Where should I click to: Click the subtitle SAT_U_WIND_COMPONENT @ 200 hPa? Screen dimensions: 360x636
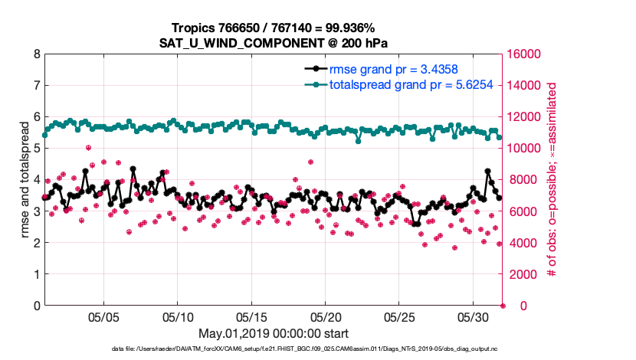274,41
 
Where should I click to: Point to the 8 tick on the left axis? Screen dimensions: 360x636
36,54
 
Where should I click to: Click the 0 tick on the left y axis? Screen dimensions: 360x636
36,306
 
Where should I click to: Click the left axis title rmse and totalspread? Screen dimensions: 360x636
24,180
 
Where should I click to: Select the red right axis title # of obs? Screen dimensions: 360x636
551,180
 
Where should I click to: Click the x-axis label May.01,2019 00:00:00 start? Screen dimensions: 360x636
274,333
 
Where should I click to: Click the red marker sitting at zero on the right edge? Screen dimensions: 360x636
503,306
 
